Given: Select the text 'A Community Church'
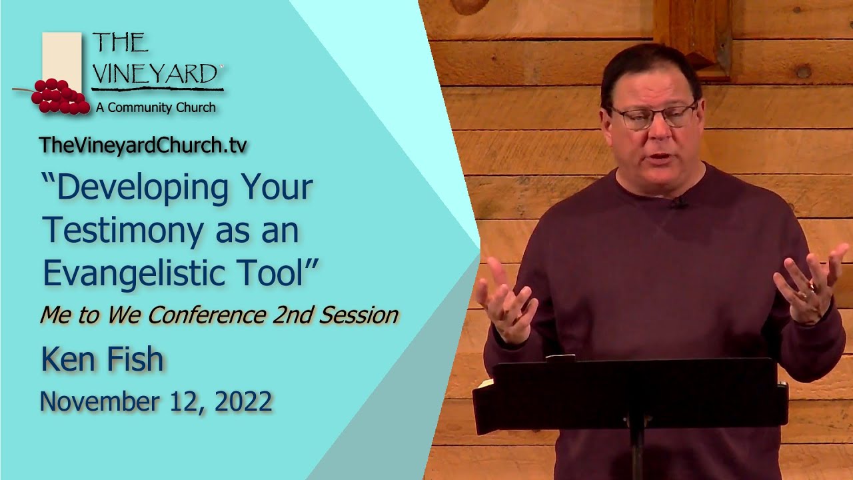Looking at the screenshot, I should [155, 107].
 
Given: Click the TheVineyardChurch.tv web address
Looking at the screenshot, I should [143, 146].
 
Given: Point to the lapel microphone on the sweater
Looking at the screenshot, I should [678, 203].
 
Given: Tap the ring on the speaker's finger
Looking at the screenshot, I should [810, 288].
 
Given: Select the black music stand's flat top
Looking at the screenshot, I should [630, 393].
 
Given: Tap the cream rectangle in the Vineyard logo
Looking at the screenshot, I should [62, 58].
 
